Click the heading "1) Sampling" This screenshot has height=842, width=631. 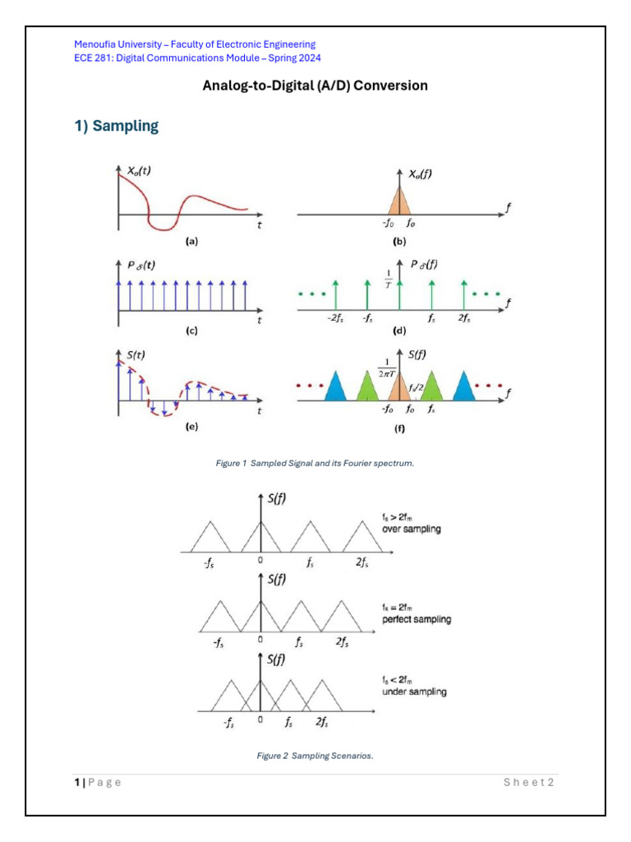pyautogui.click(x=116, y=126)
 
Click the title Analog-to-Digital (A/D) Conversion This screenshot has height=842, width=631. pyautogui.click(x=315, y=86)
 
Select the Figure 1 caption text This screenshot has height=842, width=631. pyautogui.click(x=315, y=464)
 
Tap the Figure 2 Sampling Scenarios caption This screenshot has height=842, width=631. pyautogui.click(x=315, y=756)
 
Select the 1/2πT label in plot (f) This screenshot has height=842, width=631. pyautogui.click(x=386, y=368)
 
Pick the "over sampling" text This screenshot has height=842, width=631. pyautogui.click(x=411, y=530)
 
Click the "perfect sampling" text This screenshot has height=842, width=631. pyautogui.click(x=417, y=619)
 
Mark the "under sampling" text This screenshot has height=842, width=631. pyautogui.click(x=414, y=692)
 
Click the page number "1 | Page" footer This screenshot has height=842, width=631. pyautogui.click(x=97, y=782)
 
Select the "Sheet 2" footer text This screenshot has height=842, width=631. pyautogui.click(x=528, y=782)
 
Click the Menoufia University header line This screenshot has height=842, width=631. pyautogui.click(x=195, y=44)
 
